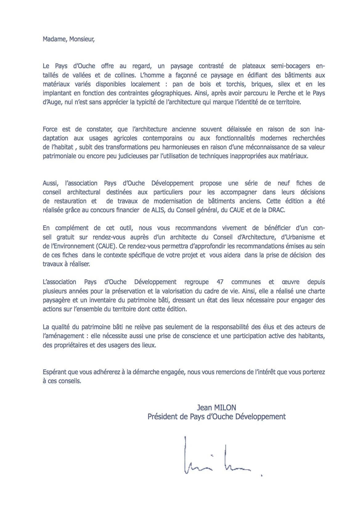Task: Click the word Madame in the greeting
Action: pos(54,39)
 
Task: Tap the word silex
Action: pos(284,84)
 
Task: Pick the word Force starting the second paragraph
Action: pos(50,129)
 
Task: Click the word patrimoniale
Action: pos(59,156)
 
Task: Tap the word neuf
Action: pos(284,183)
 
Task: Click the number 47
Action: pos(220,282)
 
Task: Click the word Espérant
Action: pos(55,372)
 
